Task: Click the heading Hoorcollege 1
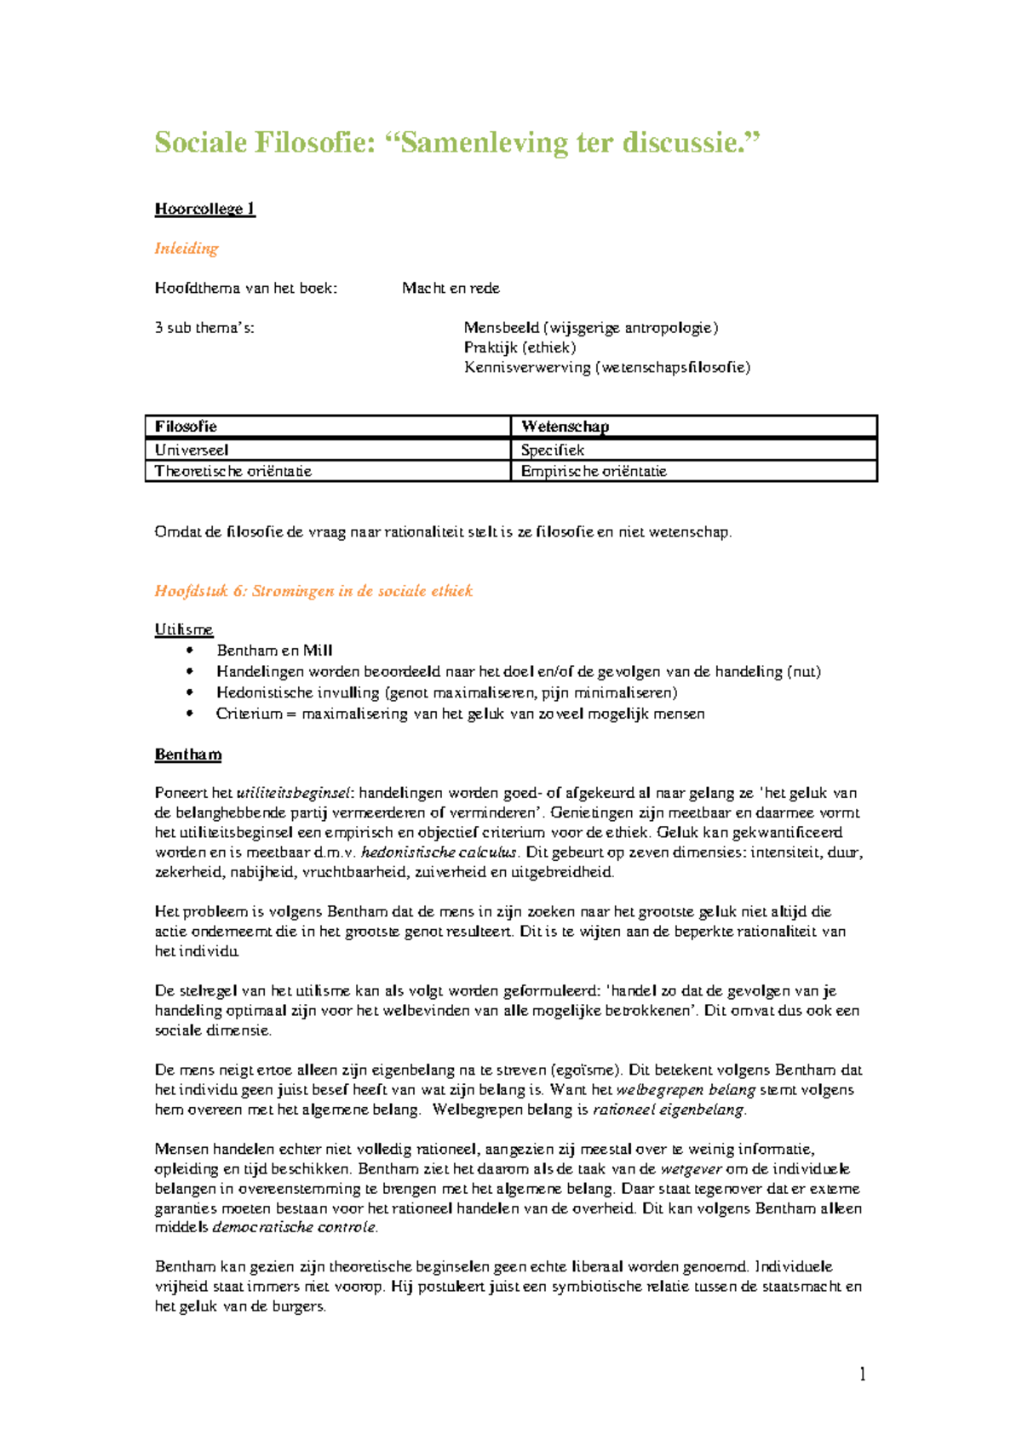[x=204, y=209]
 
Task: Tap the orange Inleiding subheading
[x=187, y=249]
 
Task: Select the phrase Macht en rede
[x=451, y=289]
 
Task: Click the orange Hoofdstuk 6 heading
[x=313, y=591]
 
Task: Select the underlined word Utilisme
[x=183, y=629]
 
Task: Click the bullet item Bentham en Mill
[x=274, y=651]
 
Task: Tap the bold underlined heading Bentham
[x=188, y=755]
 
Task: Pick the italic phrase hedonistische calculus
[x=439, y=852]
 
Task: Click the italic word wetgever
[x=691, y=1169]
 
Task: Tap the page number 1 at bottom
[x=863, y=1374]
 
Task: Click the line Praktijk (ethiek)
[x=520, y=347]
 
